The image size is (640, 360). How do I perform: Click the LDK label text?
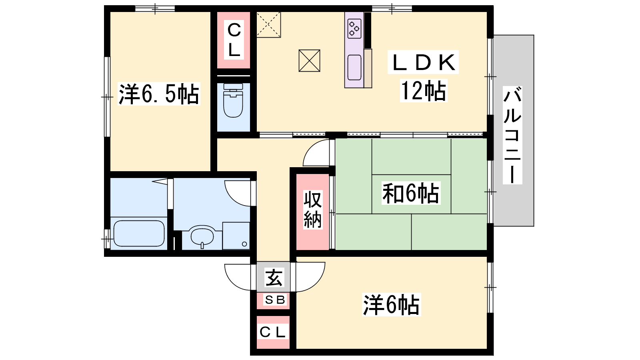point(423,62)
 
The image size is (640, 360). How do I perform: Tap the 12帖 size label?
point(423,91)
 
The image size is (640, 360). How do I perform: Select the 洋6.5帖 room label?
point(159,94)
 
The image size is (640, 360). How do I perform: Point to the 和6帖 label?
point(411,194)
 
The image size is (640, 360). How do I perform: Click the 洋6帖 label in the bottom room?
point(392,305)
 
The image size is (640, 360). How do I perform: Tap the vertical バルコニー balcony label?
point(512,135)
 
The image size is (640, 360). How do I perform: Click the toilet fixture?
point(233,100)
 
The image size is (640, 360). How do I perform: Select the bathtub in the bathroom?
point(139,234)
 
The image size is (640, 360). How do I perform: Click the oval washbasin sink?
point(202,236)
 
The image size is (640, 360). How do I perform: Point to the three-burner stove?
point(354,28)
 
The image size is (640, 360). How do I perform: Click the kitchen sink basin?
point(354,68)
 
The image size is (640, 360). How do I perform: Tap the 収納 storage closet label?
point(312,210)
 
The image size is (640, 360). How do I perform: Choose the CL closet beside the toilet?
point(234,40)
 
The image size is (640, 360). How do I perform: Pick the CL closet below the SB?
point(273,332)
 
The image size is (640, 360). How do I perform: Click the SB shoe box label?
point(275,300)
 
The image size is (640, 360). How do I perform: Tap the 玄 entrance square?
point(274,277)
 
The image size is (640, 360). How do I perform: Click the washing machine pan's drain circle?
point(244,244)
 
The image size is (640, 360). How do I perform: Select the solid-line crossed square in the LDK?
point(310,60)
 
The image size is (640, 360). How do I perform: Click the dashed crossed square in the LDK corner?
point(268,24)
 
